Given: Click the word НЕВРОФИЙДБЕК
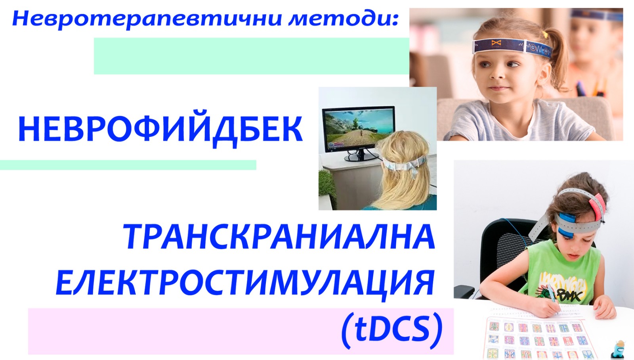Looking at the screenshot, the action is tap(160, 130).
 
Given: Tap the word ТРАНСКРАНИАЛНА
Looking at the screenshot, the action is tap(279, 237).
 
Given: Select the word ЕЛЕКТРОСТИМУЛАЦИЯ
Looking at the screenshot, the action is tap(245, 283).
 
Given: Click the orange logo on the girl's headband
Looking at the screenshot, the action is tap(496, 43).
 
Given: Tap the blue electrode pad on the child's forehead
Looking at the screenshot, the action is tap(567, 225).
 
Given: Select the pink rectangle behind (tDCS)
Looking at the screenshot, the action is tap(241, 331).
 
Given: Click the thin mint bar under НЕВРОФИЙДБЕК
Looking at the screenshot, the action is tap(128, 165).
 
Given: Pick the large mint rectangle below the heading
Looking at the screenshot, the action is tap(252, 56).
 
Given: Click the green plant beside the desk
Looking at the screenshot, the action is tap(327, 187).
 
